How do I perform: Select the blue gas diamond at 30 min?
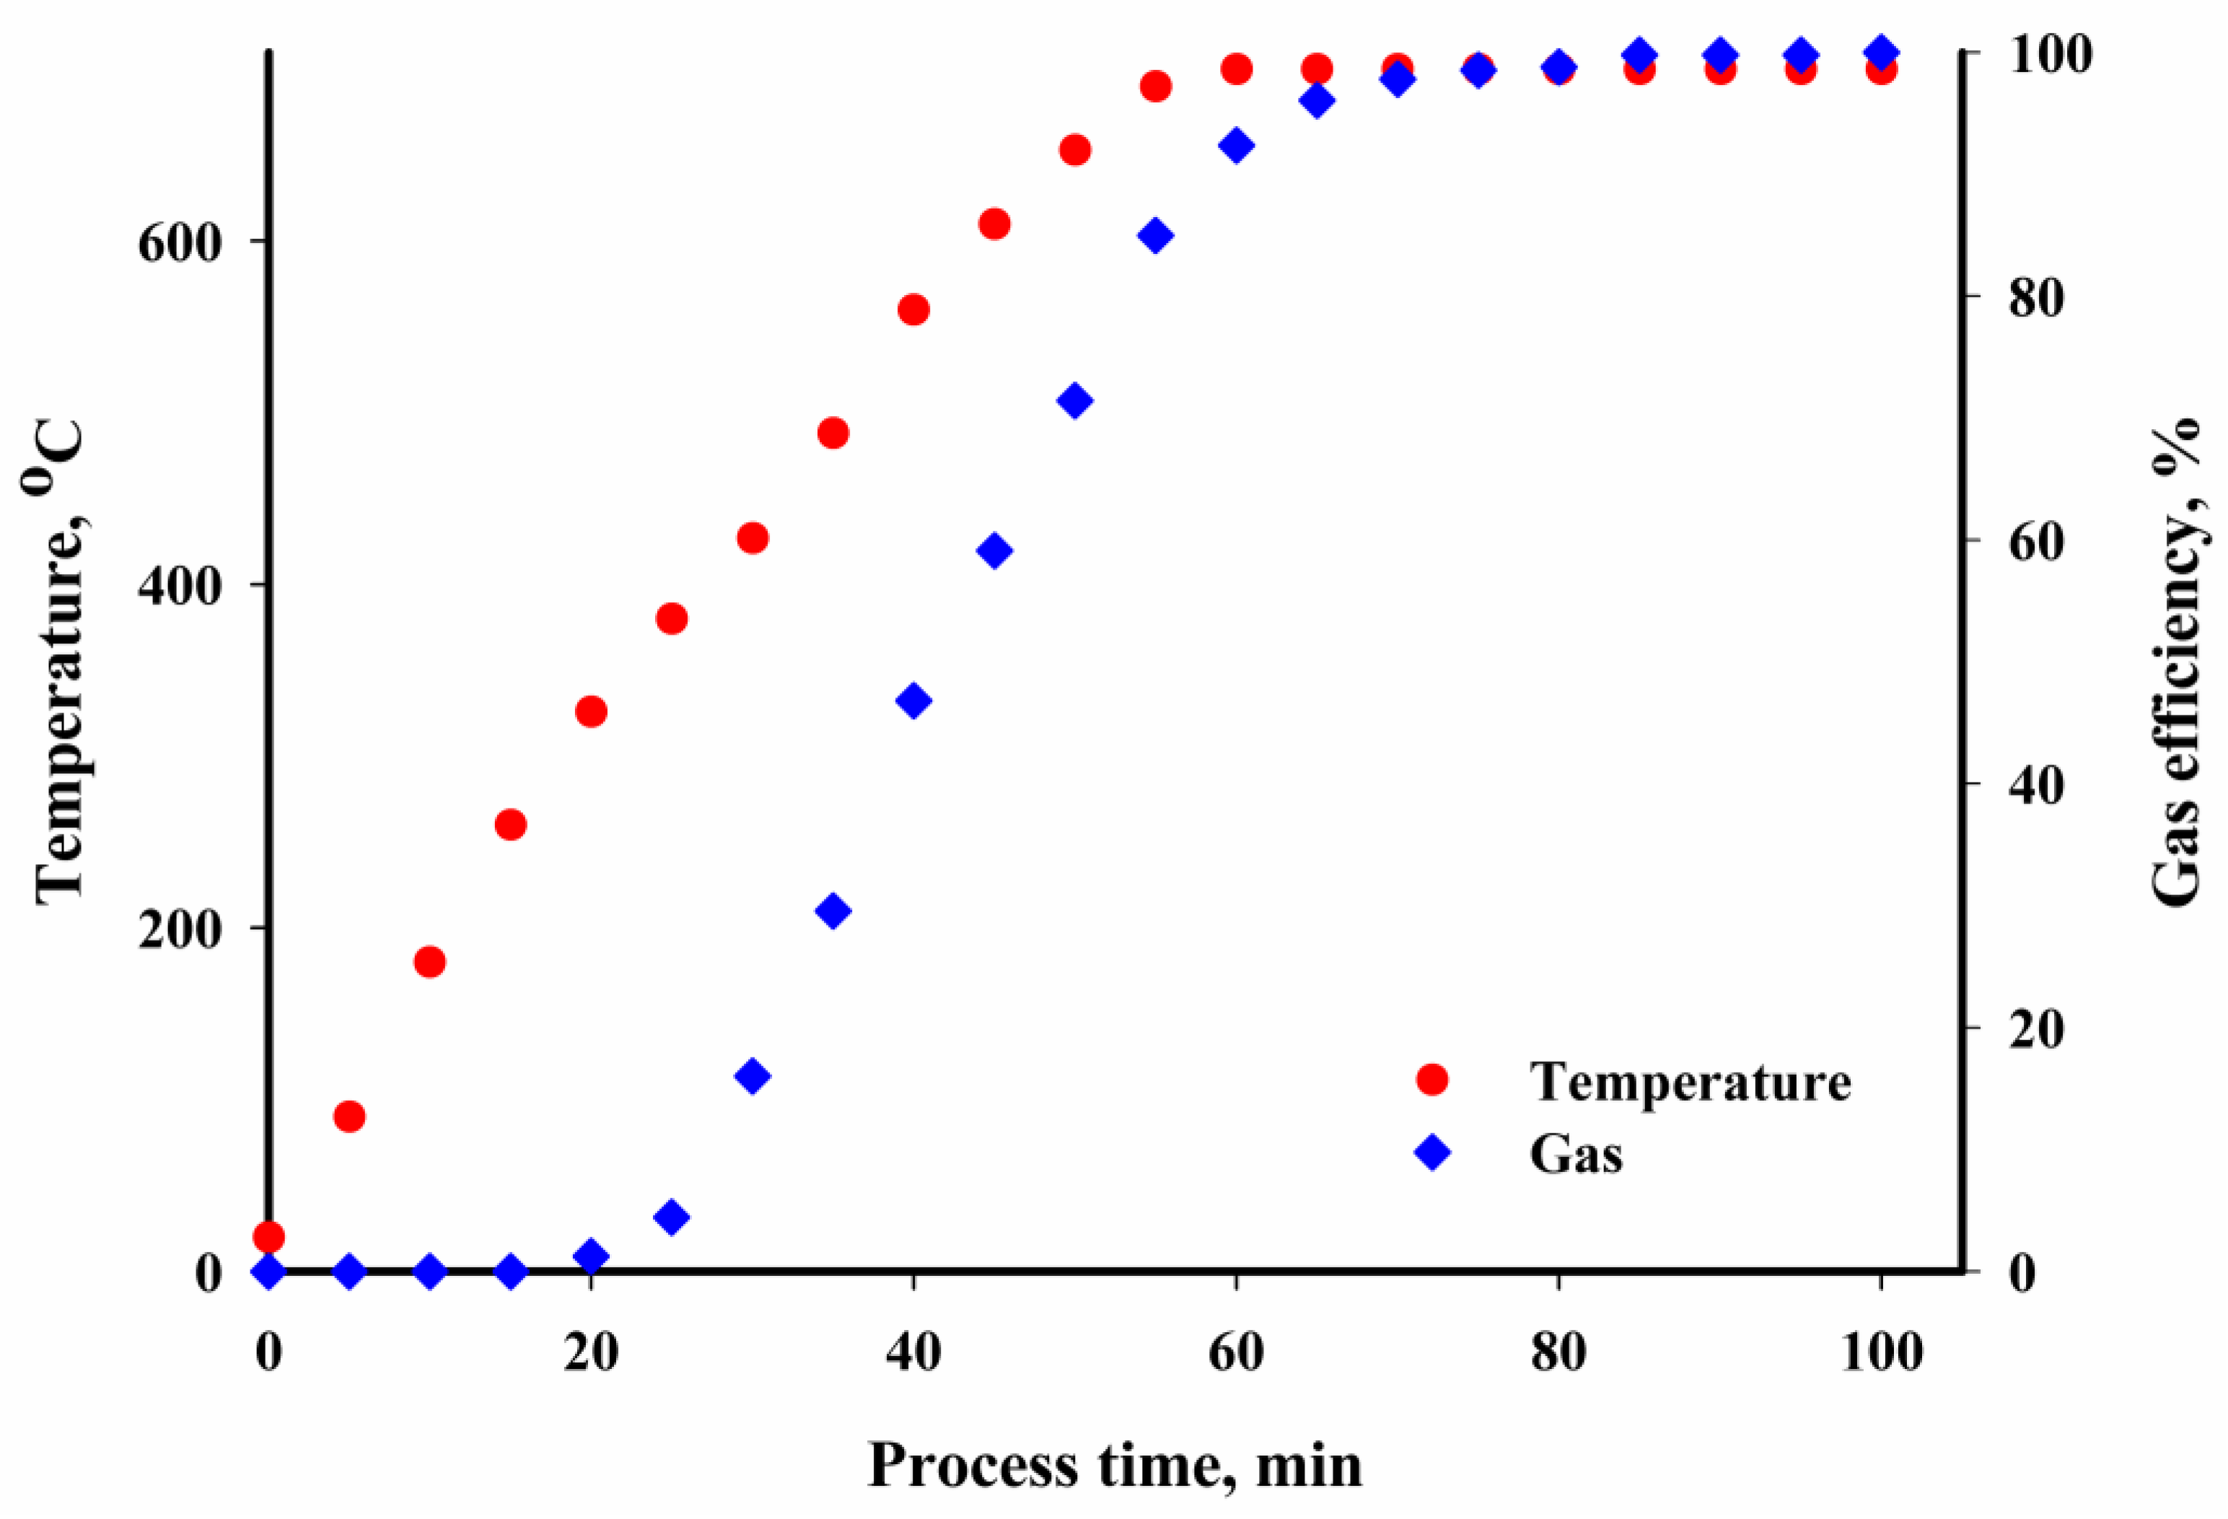click(753, 1076)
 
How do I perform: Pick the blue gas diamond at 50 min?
click(1075, 400)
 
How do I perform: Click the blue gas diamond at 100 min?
click(1882, 53)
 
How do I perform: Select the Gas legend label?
click(1576, 1154)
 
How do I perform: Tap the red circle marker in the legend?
click(1432, 1079)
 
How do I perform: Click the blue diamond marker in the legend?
click(1432, 1152)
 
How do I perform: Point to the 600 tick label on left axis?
click(180, 242)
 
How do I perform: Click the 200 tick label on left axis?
click(180, 930)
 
